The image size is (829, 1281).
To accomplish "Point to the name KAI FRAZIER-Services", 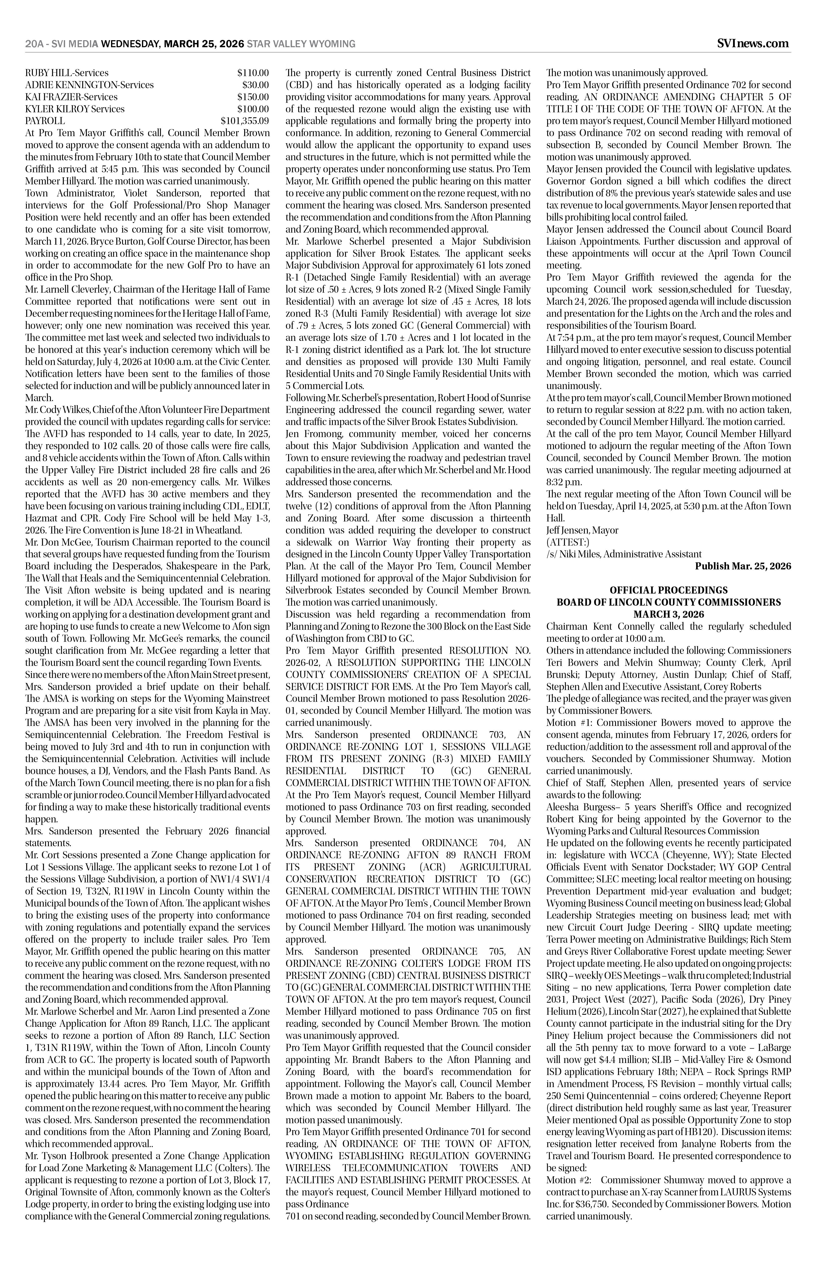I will coord(72,97).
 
